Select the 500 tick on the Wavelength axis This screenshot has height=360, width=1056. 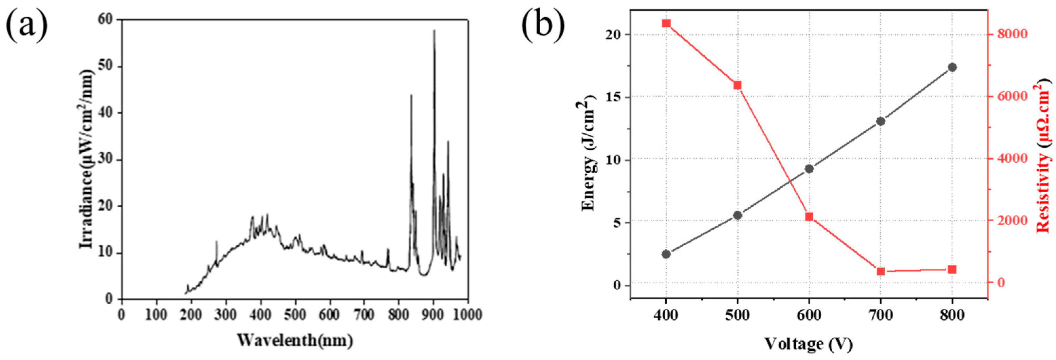coord(296,315)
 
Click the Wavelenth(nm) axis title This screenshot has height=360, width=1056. coord(295,340)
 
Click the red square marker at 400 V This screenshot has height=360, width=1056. coord(666,35)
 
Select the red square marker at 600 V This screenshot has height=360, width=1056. coord(809,217)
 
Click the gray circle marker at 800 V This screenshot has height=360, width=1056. coord(952,67)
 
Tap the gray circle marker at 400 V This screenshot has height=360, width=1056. coord(666,254)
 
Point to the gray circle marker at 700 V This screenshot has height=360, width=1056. coord(880,122)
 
